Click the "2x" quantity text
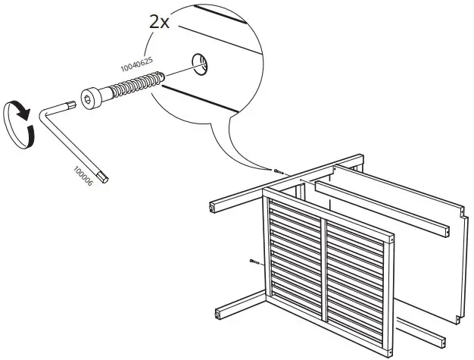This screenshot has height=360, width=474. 160,21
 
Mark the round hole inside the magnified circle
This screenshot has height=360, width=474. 199,64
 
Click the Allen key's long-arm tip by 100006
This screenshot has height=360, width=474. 111,179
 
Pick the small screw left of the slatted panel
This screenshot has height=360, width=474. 254,263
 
